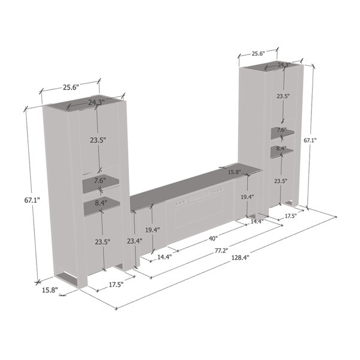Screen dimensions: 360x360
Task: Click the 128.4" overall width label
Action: point(240,257)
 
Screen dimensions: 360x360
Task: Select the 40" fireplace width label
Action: point(213,239)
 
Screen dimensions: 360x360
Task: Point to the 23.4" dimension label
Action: point(135,241)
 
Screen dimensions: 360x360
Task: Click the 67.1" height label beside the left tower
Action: point(32,200)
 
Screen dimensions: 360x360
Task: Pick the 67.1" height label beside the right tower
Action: point(310,140)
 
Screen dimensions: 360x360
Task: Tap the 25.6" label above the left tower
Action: point(71,87)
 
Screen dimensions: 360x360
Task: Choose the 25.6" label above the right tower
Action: point(258,54)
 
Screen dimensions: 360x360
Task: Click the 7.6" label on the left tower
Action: point(100,181)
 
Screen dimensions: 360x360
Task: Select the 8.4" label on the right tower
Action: point(281,148)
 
